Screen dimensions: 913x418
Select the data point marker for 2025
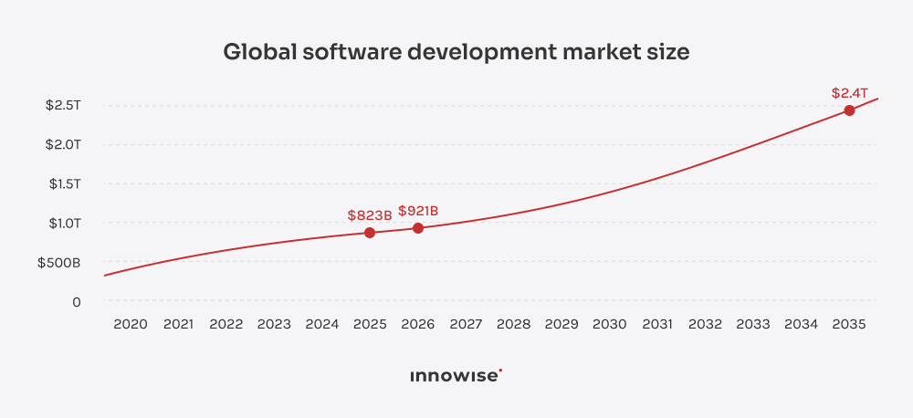pos(370,233)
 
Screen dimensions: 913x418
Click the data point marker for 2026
pos(418,228)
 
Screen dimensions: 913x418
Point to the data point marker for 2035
pos(849,110)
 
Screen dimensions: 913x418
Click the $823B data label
pos(370,215)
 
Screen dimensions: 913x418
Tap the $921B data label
pos(418,211)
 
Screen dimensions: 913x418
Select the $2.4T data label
pos(849,93)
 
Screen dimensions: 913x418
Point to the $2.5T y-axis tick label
pos(63,106)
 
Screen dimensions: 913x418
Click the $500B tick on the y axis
pos(58,263)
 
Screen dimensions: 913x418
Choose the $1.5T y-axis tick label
pos(63,184)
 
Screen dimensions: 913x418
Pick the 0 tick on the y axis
pos(77,301)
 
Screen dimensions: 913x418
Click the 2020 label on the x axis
pos(131,324)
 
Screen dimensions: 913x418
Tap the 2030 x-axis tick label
pos(610,324)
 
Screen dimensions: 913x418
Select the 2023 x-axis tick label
pos(274,324)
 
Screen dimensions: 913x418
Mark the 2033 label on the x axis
pos(753,324)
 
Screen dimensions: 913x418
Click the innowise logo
pos(456,375)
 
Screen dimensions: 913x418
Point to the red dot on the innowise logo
pos(500,370)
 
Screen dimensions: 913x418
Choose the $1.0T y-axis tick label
pos(63,223)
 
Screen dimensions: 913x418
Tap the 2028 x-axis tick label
pos(513,324)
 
